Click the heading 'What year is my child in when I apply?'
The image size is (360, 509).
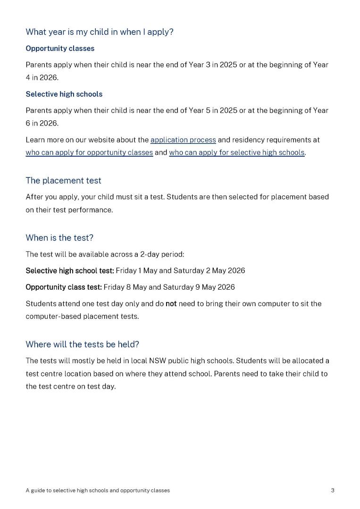[x=100, y=32]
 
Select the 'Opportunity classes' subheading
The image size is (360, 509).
[x=60, y=49]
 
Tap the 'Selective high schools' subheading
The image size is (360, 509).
[x=64, y=94]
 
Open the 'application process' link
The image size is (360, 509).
[x=183, y=140]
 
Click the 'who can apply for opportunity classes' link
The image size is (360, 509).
[x=89, y=153]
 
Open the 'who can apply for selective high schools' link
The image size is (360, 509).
[x=236, y=153]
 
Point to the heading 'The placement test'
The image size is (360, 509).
[x=63, y=181]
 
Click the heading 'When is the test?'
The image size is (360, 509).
[x=59, y=238]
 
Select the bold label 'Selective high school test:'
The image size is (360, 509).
[x=70, y=271]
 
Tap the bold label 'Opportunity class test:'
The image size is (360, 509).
[x=64, y=287]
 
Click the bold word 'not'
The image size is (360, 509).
[x=171, y=304]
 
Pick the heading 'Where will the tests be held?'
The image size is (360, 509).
[x=82, y=344]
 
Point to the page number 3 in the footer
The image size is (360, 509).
[x=333, y=491]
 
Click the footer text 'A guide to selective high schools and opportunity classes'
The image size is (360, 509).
[x=98, y=491]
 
